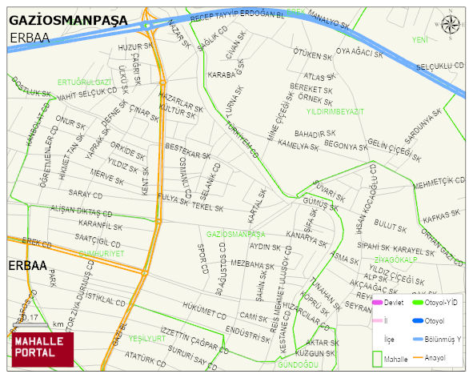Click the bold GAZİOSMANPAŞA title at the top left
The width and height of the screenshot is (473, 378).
point(68,21)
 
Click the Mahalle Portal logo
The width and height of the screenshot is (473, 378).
point(42,348)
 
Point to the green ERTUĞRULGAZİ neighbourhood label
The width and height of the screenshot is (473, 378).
point(85,82)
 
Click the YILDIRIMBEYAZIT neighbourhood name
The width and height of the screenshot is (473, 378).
point(330,111)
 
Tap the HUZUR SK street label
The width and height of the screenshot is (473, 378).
point(134,47)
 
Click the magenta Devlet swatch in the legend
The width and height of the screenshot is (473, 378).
point(378,303)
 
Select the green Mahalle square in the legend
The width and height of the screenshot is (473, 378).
point(377,359)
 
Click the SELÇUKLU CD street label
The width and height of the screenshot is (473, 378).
point(440,65)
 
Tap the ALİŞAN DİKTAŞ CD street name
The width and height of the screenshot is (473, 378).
point(81,212)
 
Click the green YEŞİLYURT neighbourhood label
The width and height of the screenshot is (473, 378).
point(147,338)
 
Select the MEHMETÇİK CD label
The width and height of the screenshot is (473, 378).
point(439,183)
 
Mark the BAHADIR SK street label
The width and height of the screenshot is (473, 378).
point(313,133)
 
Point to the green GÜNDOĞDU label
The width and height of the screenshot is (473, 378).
point(297,365)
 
